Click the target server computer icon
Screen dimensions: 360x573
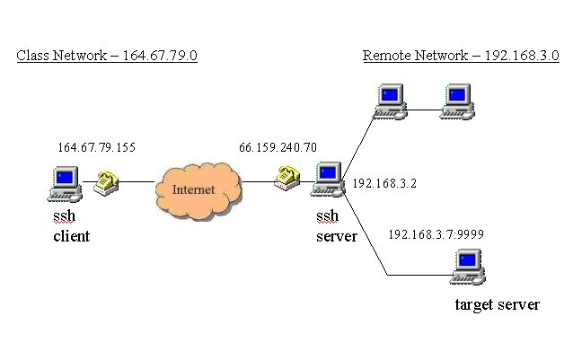pyautogui.click(x=466, y=266)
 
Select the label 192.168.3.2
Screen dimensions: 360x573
pyautogui.click(x=384, y=183)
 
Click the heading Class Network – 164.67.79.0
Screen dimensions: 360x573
pyautogui.click(x=107, y=57)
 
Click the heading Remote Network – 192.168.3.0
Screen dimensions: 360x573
pyautogui.click(x=461, y=57)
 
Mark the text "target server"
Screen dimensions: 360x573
pyautogui.click(x=498, y=305)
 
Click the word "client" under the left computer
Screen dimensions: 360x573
pyautogui.click(x=71, y=237)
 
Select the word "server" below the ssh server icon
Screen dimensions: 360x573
pyautogui.click(x=337, y=237)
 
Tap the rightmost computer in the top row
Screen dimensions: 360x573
pyautogui.click(x=459, y=101)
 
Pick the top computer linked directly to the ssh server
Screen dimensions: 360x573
pyautogui.click(x=391, y=101)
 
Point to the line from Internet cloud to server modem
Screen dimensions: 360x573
pyautogui.click(x=258, y=181)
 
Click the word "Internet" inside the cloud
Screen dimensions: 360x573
pyautogui.click(x=194, y=189)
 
